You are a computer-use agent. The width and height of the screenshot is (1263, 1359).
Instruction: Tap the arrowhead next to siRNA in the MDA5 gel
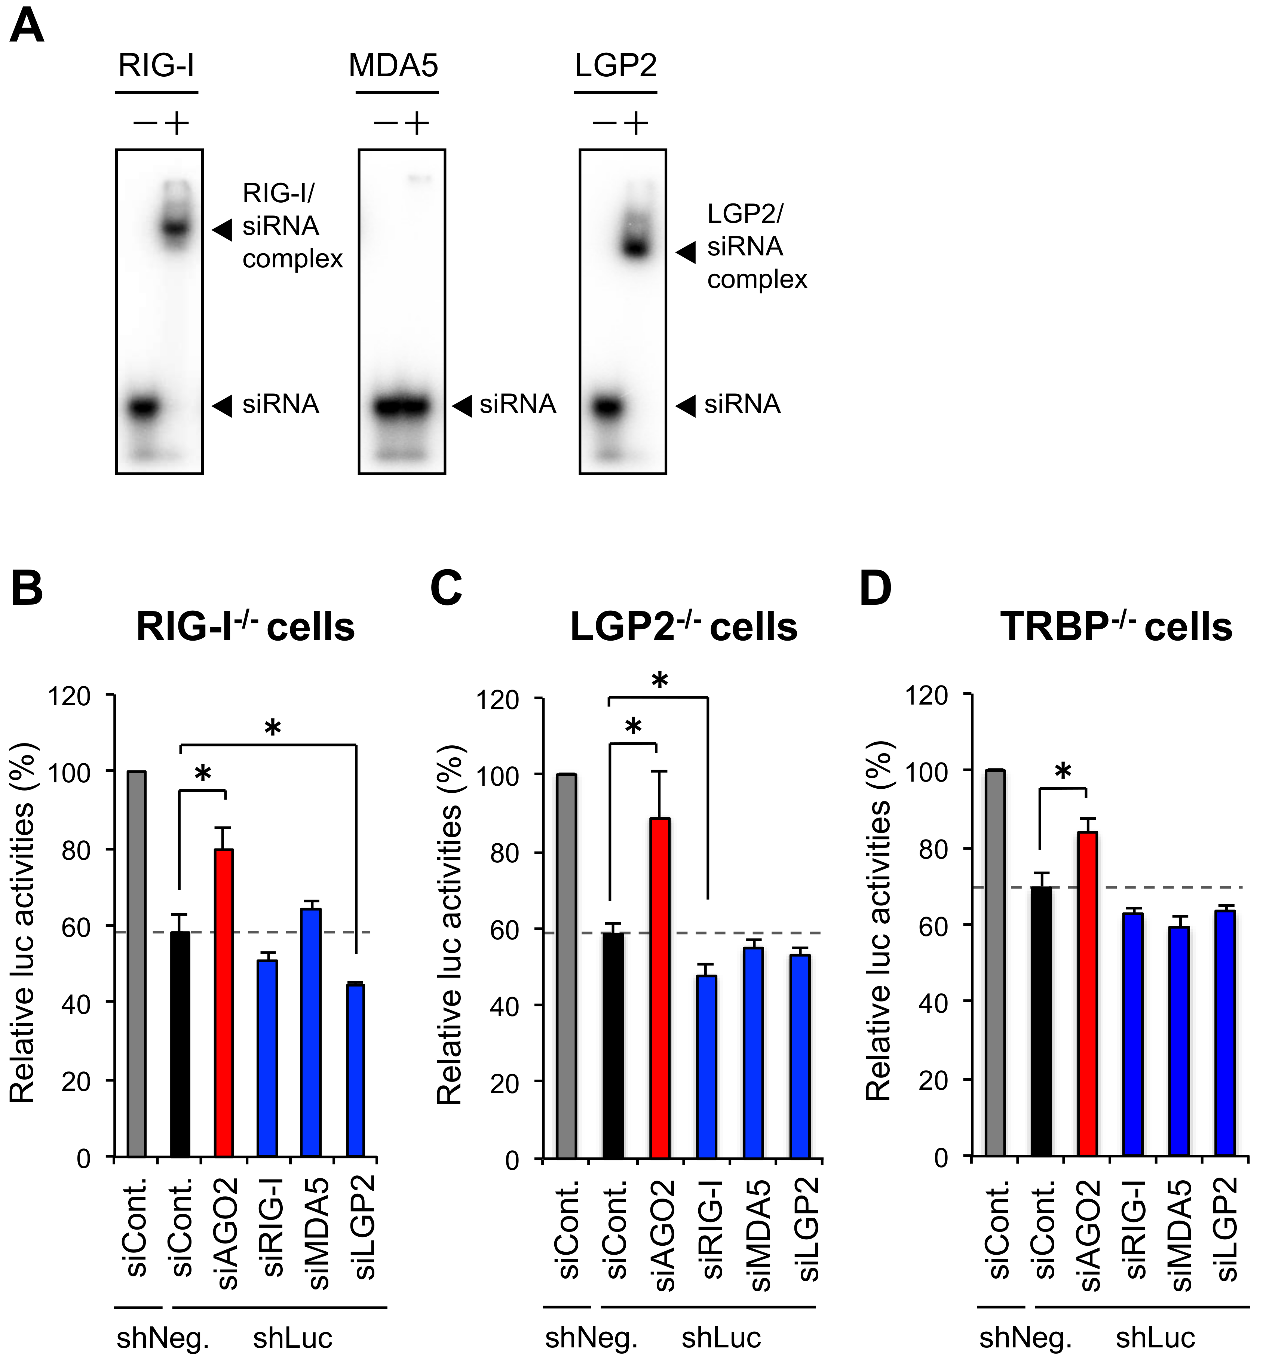click(463, 405)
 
